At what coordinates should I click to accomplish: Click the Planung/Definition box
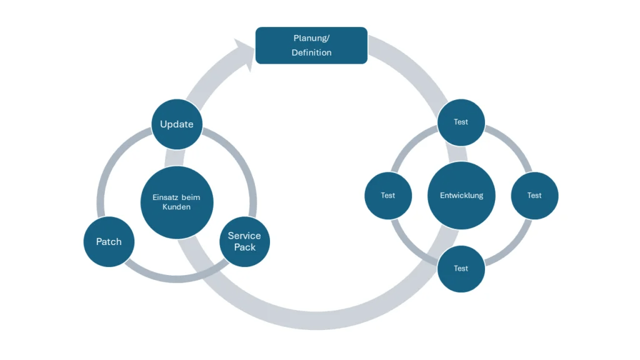point(311,45)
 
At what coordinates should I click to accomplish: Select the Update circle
point(177,124)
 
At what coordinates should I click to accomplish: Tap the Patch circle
point(109,241)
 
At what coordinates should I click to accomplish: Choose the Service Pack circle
point(244,241)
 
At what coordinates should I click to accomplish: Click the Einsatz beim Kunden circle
point(177,202)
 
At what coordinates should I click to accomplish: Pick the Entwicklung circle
point(461,195)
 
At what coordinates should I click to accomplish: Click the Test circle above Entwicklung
point(461,122)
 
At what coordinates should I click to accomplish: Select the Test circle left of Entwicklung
point(388,195)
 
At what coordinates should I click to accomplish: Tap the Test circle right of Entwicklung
point(534,195)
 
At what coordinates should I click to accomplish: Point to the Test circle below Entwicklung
point(461,268)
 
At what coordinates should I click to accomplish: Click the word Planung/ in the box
point(311,38)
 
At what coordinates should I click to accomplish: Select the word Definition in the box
point(311,52)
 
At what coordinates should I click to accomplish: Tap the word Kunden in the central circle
point(177,207)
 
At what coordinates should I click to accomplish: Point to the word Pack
point(244,247)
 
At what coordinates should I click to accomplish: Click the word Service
point(244,236)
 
